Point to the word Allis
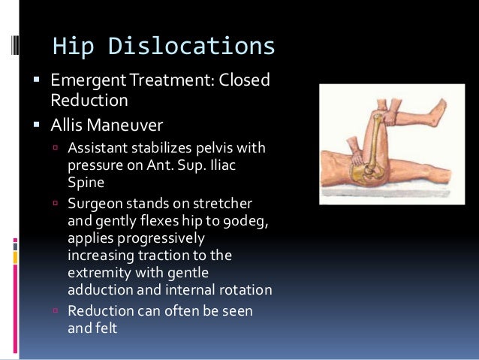click(x=70, y=122)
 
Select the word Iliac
click(x=217, y=163)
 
